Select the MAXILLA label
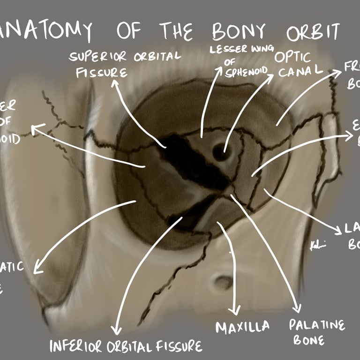click(243, 327)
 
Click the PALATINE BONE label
click(316, 332)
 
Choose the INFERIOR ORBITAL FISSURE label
click(126, 346)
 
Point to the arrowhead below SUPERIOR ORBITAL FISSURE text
click(114, 84)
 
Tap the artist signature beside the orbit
click(318, 246)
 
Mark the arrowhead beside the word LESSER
click(218, 70)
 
